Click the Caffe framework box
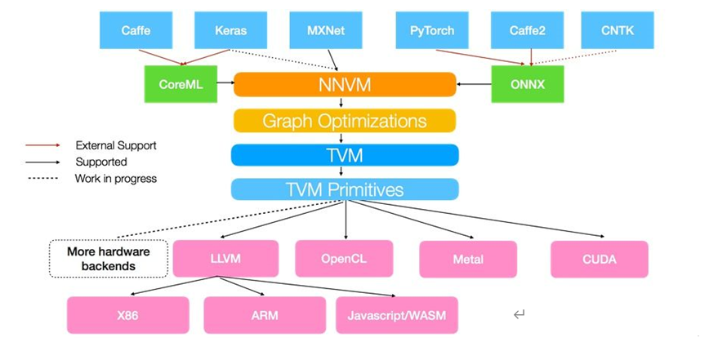[x=136, y=30]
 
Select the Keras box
[x=232, y=30]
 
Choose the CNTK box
[x=618, y=30]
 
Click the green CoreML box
[x=181, y=84]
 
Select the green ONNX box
[x=528, y=84]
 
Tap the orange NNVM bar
[x=345, y=84]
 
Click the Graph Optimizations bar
[x=345, y=121]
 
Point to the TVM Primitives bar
[x=345, y=189]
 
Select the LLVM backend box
[x=225, y=259]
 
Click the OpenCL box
[x=344, y=259]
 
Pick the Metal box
[x=468, y=260]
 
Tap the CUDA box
[x=600, y=260]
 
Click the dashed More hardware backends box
[x=108, y=259]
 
